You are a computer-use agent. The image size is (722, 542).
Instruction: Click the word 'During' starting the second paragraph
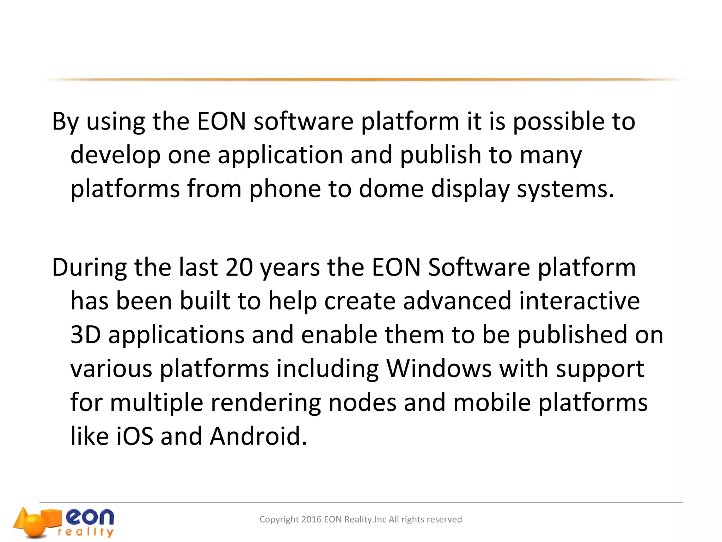[90, 267]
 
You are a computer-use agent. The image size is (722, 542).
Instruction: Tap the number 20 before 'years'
[239, 267]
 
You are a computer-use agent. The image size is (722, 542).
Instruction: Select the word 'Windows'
[439, 369]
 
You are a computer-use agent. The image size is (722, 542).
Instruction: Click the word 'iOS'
[135, 436]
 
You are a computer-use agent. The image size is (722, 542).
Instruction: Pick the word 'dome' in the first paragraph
[391, 189]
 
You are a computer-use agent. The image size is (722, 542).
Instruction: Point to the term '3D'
[86, 335]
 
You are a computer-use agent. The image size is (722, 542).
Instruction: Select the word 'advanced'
[457, 301]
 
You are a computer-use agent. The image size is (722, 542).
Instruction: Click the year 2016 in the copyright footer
[311, 519]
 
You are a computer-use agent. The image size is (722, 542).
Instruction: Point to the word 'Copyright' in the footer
[279, 520]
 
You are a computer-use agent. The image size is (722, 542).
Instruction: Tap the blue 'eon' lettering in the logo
[90, 517]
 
